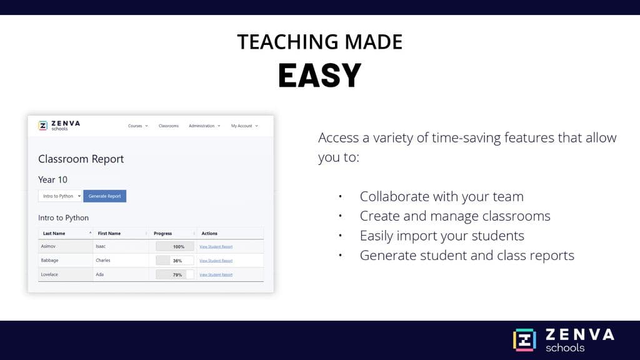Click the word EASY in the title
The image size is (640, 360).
[319, 76]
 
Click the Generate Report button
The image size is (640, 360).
[104, 196]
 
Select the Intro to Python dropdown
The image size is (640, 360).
[60, 196]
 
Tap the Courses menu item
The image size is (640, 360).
[137, 126]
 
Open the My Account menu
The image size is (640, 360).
[244, 126]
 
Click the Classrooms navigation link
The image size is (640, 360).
[168, 126]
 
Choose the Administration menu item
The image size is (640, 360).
[204, 126]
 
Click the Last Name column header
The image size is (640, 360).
[54, 233]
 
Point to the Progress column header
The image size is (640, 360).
[162, 233]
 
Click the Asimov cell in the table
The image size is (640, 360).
[49, 246]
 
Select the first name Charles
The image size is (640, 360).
[103, 260]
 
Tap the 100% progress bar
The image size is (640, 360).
[174, 246]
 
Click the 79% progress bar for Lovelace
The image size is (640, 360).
[174, 274]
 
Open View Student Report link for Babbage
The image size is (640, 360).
[216, 261]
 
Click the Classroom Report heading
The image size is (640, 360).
[81, 159]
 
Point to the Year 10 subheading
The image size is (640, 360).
[52, 179]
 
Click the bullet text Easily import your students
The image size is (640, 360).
[442, 236]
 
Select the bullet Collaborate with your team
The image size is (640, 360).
[441, 196]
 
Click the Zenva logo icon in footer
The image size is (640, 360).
[524, 340]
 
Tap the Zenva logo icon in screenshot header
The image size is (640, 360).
[42, 125]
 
